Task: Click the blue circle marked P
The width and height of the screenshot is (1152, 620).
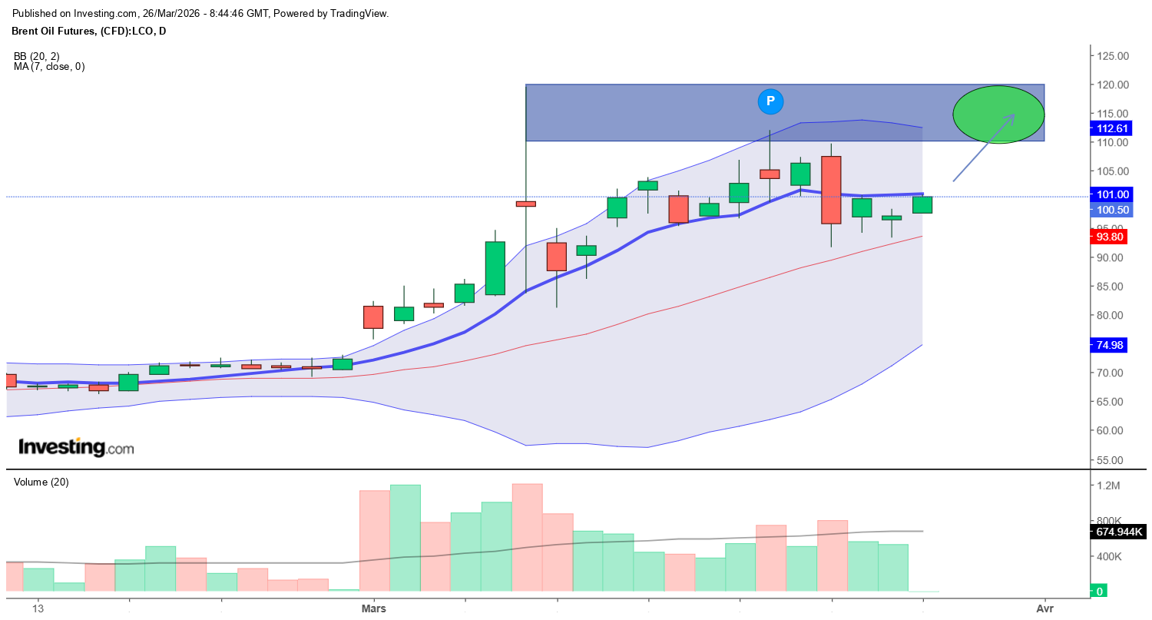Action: pyautogui.click(x=770, y=101)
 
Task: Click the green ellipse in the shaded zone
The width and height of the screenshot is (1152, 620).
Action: pyautogui.click(x=998, y=114)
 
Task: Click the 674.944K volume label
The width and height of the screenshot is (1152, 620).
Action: pyautogui.click(x=1118, y=532)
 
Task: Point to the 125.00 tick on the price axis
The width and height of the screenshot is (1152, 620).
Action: pyautogui.click(x=1112, y=56)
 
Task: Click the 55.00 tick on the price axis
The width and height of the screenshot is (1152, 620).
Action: pyautogui.click(x=1112, y=459)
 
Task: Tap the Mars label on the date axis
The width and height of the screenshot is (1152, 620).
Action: pyautogui.click(x=373, y=608)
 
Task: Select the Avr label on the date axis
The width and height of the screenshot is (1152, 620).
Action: pyautogui.click(x=1044, y=608)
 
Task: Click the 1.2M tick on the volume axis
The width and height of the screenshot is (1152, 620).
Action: pyautogui.click(x=1110, y=486)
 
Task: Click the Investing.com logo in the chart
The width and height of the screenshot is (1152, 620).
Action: pyautogui.click(x=75, y=447)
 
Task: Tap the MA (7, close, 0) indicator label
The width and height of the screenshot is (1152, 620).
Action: pyautogui.click(x=49, y=67)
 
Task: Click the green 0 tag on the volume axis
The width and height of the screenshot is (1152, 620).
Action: pyautogui.click(x=1100, y=591)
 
